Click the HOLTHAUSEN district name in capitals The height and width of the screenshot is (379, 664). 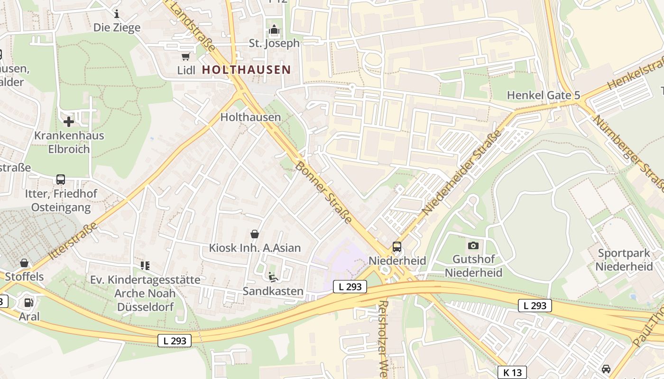click(x=246, y=70)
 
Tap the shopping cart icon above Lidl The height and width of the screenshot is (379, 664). click(x=185, y=57)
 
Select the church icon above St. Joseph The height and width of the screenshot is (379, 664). click(x=274, y=30)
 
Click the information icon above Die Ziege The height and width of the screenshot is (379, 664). click(x=117, y=14)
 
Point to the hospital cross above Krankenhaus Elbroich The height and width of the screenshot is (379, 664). click(x=69, y=122)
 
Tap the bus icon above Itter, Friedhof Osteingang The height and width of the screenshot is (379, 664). click(x=61, y=180)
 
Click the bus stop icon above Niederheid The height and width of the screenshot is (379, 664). click(x=397, y=247)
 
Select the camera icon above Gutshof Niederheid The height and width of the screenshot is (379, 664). click(x=473, y=245)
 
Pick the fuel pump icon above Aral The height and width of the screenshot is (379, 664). click(x=29, y=302)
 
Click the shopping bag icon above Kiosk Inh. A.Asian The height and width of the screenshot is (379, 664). click(x=255, y=234)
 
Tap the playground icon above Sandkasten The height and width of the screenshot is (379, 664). click(x=273, y=277)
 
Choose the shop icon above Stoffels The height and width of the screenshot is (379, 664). click(x=24, y=263)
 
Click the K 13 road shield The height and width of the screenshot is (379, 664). click(x=512, y=372)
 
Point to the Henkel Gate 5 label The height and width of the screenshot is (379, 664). click(x=543, y=95)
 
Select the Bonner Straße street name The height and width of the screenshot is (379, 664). click(x=324, y=192)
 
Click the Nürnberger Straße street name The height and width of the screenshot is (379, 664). click(x=629, y=154)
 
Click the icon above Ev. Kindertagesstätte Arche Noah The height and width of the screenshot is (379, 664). click(x=145, y=266)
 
